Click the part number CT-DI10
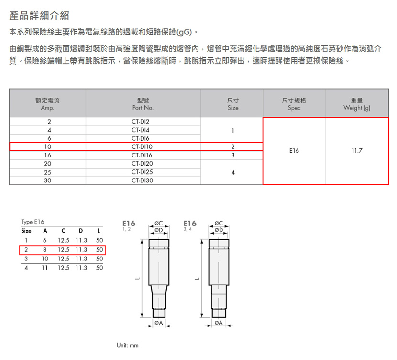[x=142, y=146]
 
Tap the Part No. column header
[x=143, y=104]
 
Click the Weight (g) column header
[x=357, y=104]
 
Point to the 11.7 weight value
[x=357, y=151]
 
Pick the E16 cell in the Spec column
[x=294, y=151]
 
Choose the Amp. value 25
[x=48, y=172]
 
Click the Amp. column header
[x=47, y=104]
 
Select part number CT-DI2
[x=140, y=122]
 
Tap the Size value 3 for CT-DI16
[x=233, y=155]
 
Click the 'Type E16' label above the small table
[x=33, y=222]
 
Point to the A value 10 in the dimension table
[x=45, y=259]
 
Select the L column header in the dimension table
[x=99, y=231]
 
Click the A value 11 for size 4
[x=45, y=268]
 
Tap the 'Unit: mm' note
[x=128, y=345]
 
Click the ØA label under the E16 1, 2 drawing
[x=159, y=323]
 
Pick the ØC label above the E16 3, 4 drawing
[x=219, y=223]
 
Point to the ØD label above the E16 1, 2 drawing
[x=159, y=230]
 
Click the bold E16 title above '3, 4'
[x=190, y=224]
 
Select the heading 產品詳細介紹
[x=39, y=15]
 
